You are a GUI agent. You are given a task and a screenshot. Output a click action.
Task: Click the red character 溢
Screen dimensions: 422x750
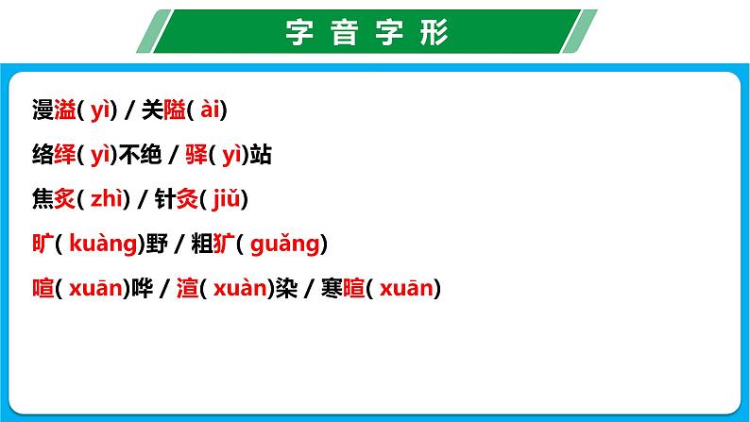point(66,110)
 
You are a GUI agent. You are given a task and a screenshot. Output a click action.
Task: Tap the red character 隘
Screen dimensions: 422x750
point(175,110)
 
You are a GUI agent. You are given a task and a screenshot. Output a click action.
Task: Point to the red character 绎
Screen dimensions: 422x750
point(66,155)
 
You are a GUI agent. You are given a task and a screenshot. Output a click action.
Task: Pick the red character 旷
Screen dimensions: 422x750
point(42,244)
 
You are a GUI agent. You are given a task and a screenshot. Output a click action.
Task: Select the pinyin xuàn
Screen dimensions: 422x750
point(240,288)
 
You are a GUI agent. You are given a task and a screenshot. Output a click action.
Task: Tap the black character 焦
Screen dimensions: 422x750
point(42,199)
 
